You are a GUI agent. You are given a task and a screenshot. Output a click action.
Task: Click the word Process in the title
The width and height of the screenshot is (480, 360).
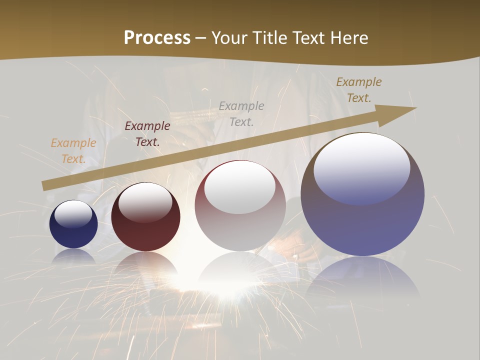157,37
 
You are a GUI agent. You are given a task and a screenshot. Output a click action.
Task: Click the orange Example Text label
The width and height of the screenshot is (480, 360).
73,151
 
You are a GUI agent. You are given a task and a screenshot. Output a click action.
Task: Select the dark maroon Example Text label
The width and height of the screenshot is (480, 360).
147,134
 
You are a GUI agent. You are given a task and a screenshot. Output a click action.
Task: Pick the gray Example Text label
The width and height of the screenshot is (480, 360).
241,113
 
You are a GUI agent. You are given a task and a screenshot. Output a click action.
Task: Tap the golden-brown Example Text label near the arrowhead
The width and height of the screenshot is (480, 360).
359,90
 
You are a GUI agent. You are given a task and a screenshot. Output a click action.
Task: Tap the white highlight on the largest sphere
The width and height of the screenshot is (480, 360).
362,167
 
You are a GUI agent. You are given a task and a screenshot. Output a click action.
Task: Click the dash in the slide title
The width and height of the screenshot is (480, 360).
201,38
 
